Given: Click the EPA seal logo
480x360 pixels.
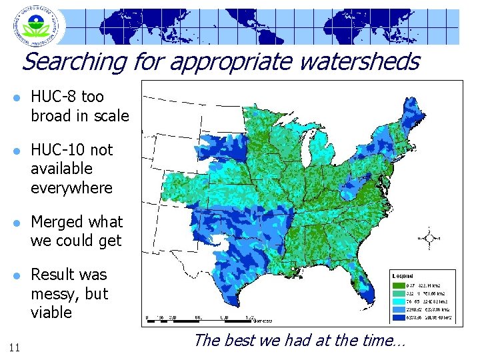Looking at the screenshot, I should click(37, 27).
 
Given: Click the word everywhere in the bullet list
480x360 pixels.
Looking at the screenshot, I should click(71, 188).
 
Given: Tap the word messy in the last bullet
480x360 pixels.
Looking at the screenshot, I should click(57, 294).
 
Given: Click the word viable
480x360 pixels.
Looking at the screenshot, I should click(51, 313).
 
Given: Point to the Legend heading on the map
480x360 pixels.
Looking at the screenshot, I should click(403, 275).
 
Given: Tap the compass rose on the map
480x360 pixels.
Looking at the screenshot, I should click(431, 237).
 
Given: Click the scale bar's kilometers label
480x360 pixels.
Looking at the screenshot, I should click(261, 319).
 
